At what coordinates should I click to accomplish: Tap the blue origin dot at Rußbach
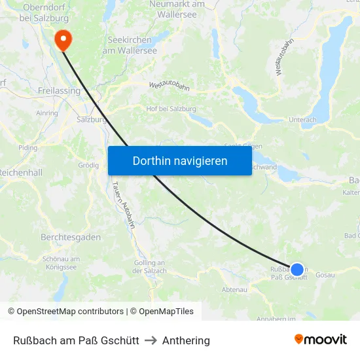coord(297,269)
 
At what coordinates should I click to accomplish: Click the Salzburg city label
coord(92,120)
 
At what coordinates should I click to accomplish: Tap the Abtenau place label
coord(234,289)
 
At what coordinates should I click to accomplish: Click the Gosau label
coord(325,275)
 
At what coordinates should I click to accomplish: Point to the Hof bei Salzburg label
coord(171,109)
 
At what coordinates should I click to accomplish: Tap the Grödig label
coord(88,165)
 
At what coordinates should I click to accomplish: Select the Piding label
coord(28,148)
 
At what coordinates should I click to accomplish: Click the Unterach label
coord(302,120)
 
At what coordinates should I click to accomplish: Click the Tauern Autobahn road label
coord(123,204)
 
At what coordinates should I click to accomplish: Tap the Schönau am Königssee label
coord(60,262)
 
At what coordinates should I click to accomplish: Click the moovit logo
coord(320,339)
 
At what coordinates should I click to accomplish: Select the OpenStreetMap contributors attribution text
coord(65,312)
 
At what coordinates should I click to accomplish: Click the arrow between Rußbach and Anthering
coord(151,340)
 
